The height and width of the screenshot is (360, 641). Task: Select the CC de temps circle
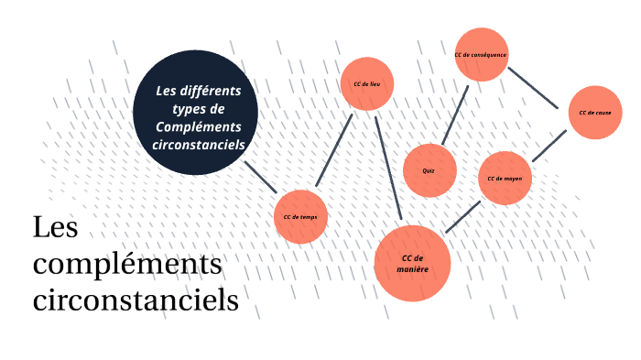pyautogui.click(x=300, y=217)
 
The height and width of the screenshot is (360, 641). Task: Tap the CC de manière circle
pyautogui.click(x=412, y=263)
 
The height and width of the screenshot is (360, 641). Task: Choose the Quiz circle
pyautogui.click(x=429, y=171)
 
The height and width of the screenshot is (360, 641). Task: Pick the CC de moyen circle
pyautogui.click(x=505, y=178)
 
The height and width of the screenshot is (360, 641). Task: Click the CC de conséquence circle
pyautogui.click(x=480, y=55)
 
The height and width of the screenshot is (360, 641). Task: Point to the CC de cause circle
pyautogui.click(x=595, y=113)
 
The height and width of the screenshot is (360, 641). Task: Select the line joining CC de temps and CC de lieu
pyautogui.click(x=334, y=152)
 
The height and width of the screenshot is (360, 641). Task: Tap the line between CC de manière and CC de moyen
pyautogui.click(x=462, y=216)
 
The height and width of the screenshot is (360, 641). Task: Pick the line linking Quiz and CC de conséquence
pyautogui.click(x=455, y=115)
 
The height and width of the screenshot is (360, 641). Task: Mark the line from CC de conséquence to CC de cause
pyautogui.click(x=535, y=87)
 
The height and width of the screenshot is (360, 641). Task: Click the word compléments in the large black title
pyautogui.click(x=127, y=266)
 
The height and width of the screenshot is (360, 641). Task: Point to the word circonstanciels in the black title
pyautogui.click(x=136, y=300)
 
